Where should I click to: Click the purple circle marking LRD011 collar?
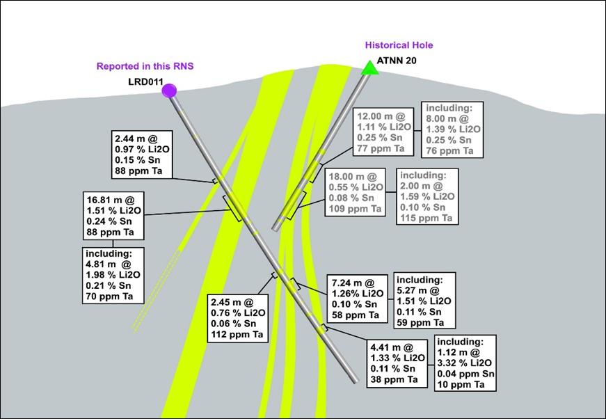point(169,90)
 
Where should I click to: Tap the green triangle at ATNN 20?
point(368,67)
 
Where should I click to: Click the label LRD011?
point(145,82)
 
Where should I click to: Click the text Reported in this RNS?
point(145,66)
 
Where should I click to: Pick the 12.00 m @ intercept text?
point(381,116)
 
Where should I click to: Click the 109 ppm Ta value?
point(355,209)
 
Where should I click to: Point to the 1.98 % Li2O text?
point(113,275)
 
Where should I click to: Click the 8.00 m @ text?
point(446,119)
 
